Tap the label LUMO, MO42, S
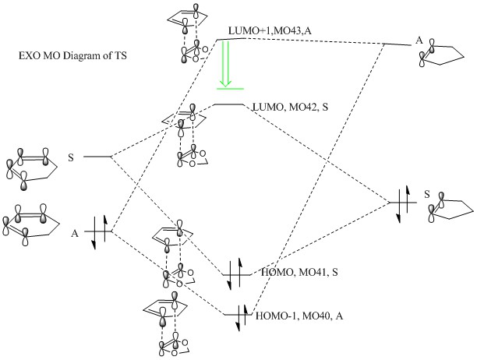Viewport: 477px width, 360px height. (287, 105)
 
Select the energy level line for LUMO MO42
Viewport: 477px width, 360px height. (228, 104)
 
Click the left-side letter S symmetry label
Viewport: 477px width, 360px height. (71, 157)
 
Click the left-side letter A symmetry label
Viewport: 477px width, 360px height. (75, 231)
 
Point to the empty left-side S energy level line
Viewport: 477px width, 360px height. (97, 157)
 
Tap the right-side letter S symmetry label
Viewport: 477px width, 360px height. (426, 193)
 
